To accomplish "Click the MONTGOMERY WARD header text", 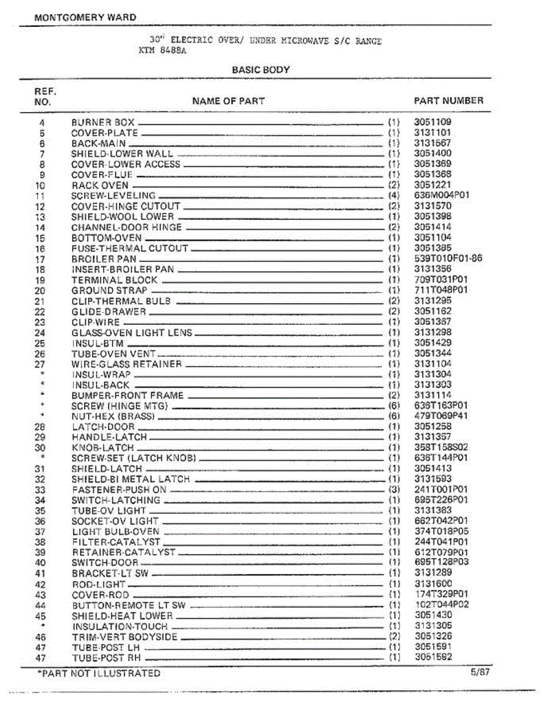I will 85,18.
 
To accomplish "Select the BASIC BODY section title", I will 261,70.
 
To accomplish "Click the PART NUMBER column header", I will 448,100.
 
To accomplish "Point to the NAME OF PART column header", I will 228,101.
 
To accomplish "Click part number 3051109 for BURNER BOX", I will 432,123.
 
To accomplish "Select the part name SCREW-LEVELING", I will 113,196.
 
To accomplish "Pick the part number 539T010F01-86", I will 448,259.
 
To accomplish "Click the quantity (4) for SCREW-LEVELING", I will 394,196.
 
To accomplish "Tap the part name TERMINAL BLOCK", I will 114,280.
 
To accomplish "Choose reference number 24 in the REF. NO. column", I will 40,333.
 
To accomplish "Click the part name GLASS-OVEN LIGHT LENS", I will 131,333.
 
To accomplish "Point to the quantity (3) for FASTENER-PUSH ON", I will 395,490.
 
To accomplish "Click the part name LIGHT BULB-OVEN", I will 116,532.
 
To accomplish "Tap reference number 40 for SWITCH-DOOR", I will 40,563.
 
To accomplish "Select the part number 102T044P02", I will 441,605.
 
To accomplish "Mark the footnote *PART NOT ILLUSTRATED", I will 98,673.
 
